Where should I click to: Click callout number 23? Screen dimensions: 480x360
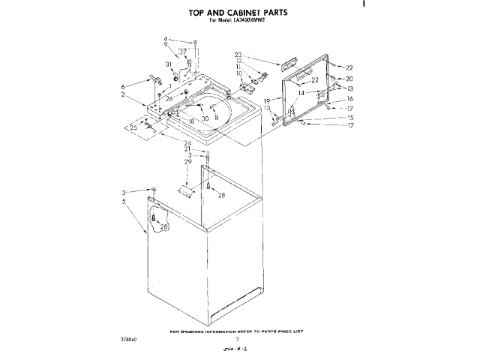tap(238, 55)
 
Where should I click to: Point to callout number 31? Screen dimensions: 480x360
tap(168, 65)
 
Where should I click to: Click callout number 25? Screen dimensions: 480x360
tap(134, 127)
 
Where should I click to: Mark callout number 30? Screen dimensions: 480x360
tap(204, 118)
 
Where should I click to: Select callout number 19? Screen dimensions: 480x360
tap(266, 101)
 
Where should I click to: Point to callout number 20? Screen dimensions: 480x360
tap(349, 79)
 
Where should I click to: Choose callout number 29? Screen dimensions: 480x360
tap(187, 161)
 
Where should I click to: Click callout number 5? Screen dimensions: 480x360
tap(123, 201)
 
